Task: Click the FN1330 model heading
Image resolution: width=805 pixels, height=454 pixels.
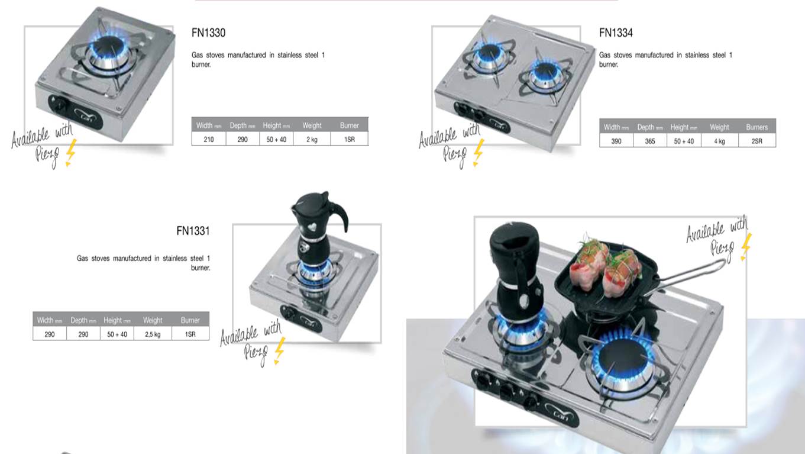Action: [208, 33]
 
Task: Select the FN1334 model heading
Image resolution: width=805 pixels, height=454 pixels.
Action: [616, 33]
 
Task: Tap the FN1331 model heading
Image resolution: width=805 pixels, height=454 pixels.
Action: [193, 231]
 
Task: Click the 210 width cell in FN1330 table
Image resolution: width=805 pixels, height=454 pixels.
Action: [209, 139]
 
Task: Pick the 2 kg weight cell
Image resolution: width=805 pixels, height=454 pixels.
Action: [312, 139]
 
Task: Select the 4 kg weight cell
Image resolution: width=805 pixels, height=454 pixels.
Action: [719, 141]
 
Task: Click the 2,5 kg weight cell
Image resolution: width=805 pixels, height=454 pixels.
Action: [153, 334]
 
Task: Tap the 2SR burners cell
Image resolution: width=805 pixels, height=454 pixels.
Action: [757, 141]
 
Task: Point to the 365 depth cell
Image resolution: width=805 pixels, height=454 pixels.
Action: [650, 141]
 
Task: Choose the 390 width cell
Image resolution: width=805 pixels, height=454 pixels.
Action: [616, 141]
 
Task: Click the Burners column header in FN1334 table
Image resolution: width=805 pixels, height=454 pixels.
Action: [757, 127]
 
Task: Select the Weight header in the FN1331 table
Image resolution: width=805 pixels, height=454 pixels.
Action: [153, 320]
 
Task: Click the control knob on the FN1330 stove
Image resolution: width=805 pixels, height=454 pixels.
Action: [59, 105]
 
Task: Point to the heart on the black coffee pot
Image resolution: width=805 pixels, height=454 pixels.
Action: [312, 227]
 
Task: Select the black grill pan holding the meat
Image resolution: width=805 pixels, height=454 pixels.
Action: [607, 281]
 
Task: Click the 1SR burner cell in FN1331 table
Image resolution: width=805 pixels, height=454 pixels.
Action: [190, 334]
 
